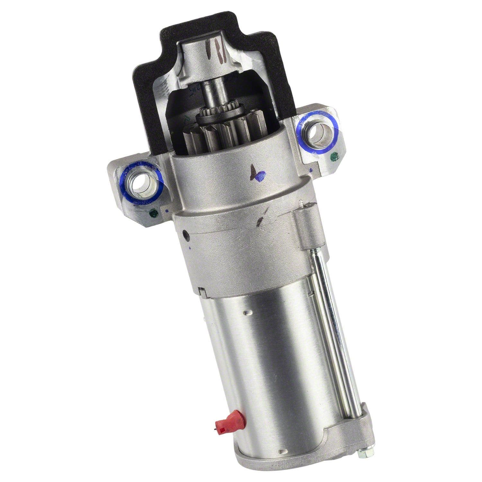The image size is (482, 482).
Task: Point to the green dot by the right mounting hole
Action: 335,157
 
